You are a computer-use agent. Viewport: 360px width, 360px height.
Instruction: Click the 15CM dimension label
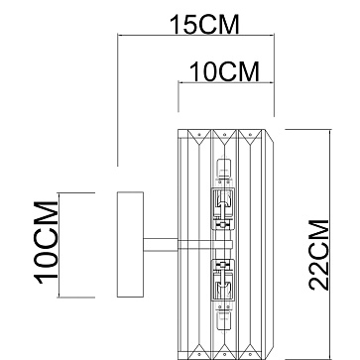pos(204,25)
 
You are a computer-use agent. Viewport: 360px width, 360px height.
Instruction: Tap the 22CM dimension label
pos(319,255)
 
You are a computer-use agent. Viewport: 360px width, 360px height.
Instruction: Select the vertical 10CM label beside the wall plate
pos(46,242)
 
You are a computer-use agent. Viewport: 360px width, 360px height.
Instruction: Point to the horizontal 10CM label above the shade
pos(225,72)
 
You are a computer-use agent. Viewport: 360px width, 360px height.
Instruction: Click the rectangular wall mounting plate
pos(130,244)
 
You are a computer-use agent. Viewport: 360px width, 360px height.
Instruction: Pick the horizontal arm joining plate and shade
pos(161,245)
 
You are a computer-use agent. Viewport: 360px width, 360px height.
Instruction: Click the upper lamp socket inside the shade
pos(223,209)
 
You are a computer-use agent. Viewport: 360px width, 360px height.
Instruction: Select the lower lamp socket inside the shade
pos(223,280)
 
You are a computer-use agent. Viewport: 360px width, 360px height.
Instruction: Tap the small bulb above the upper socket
pos(223,170)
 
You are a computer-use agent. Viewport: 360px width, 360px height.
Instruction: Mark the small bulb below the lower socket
pos(223,320)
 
